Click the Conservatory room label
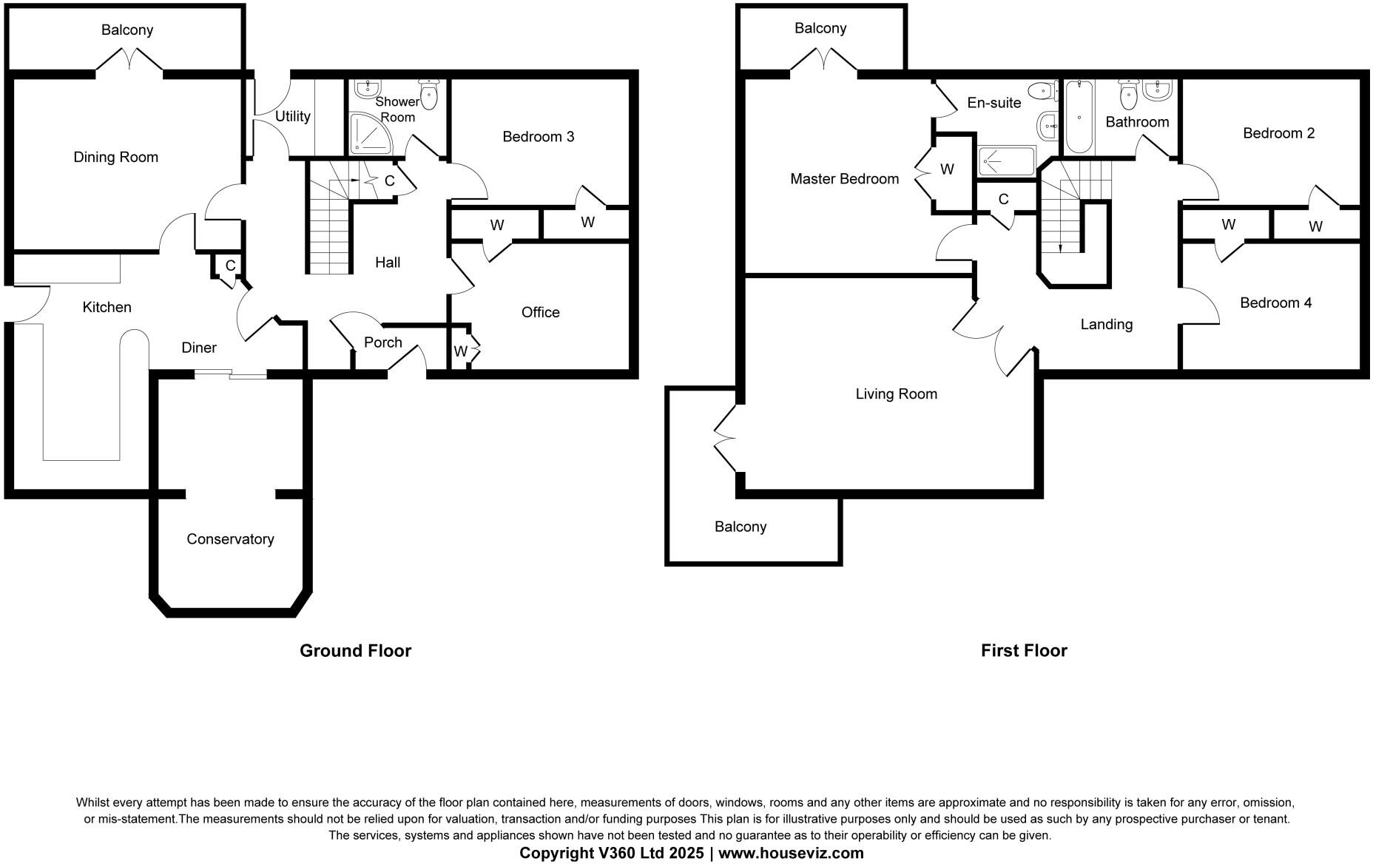[x=230, y=539]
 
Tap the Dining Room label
[x=115, y=157]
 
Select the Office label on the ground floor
[x=540, y=312]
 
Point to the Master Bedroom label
[x=844, y=178]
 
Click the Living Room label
[x=896, y=394]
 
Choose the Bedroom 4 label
[x=1275, y=303]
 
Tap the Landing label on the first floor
[x=1106, y=324]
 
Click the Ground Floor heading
[x=355, y=650]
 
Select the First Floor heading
[x=1024, y=650]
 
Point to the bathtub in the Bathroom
[x=1079, y=116]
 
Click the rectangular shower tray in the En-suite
[x=1007, y=161]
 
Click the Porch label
[x=382, y=342]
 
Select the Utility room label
[x=292, y=116]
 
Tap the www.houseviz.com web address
[x=791, y=853]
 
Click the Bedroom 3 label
[x=538, y=137]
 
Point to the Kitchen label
[x=107, y=307]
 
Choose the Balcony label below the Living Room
[x=740, y=527]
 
